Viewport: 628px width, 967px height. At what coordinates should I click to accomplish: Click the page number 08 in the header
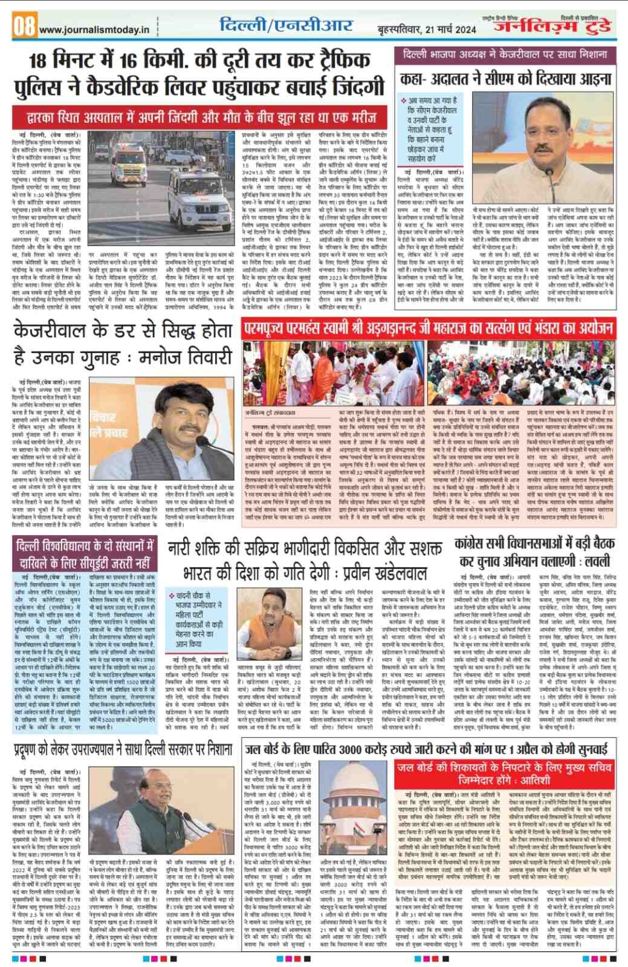tap(25, 27)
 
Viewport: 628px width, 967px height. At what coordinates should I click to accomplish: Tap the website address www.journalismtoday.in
tap(94, 29)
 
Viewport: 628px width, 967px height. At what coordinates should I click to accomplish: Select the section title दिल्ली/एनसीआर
tap(286, 26)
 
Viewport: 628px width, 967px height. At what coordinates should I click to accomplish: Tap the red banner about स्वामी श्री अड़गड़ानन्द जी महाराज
tap(428, 328)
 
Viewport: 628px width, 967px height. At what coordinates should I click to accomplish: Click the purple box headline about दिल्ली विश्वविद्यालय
tap(85, 555)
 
